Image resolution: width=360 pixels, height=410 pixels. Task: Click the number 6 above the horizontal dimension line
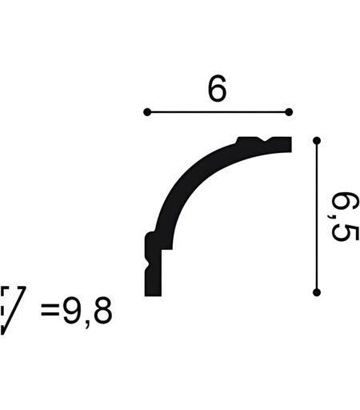pyautogui.click(x=217, y=88)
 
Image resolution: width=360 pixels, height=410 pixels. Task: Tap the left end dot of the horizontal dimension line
pyautogui.click(x=147, y=112)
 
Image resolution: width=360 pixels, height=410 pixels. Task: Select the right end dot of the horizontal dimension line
pyautogui.click(x=289, y=112)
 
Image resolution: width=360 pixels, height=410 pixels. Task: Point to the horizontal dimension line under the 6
pyautogui.click(x=218, y=112)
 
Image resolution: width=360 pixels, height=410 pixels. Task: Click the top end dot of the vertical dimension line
pyautogui.click(x=317, y=140)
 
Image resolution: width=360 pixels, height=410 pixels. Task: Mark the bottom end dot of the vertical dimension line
pyautogui.click(x=317, y=292)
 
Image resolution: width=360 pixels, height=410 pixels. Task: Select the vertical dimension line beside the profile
pyautogui.click(x=317, y=216)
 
